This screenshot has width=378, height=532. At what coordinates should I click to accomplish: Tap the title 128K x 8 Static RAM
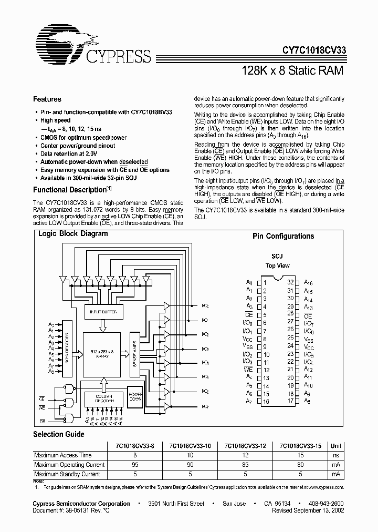click(x=293, y=70)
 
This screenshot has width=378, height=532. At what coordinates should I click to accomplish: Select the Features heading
click(x=47, y=99)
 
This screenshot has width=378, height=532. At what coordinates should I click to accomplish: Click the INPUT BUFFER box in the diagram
click(x=103, y=312)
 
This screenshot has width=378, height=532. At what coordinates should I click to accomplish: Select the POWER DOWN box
click(x=136, y=396)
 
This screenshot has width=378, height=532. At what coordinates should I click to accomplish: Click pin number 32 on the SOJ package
click(x=290, y=282)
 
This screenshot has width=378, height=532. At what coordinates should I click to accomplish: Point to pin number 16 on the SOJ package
click(x=266, y=402)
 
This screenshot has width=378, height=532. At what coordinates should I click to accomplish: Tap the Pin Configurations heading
click(x=283, y=237)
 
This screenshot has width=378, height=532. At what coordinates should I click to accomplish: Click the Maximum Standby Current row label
click(x=67, y=474)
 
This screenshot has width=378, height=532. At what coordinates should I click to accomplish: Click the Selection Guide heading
click(x=59, y=434)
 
